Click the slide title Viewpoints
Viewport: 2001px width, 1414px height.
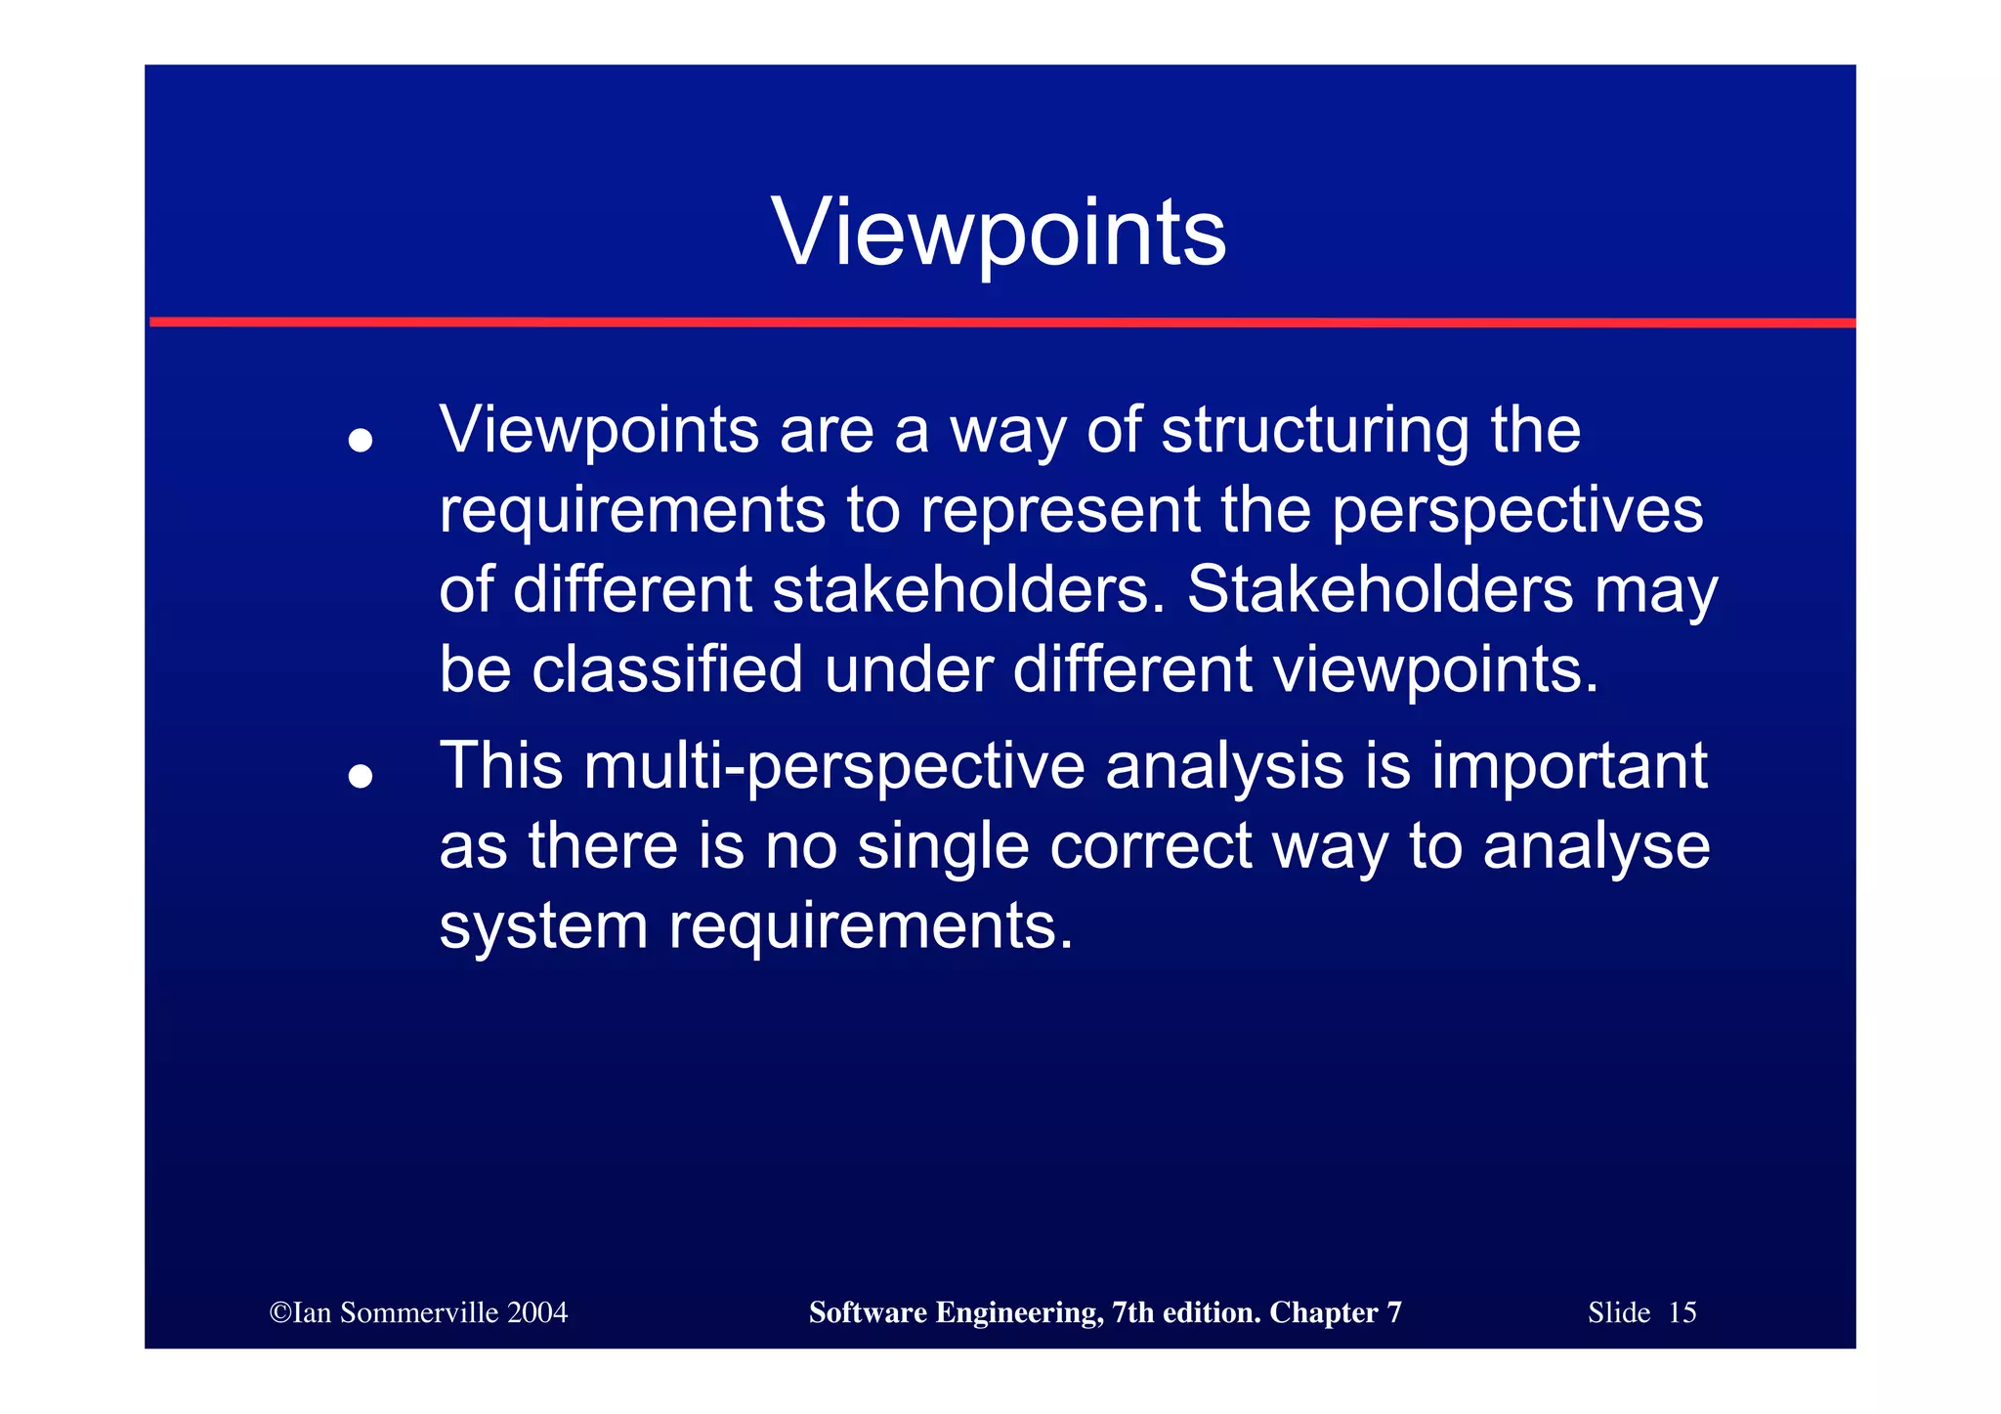tap(999, 233)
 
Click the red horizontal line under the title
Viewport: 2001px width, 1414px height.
tap(1001, 321)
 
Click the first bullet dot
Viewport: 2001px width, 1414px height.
tap(361, 441)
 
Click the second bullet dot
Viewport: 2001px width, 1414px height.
tap(361, 777)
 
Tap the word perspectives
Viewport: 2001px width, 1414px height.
tap(1516, 512)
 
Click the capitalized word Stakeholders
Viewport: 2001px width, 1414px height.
tap(1380, 591)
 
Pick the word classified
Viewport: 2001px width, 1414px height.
tap(667, 670)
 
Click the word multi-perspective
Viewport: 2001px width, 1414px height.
tap(833, 767)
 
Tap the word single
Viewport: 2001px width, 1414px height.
tap(943, 847)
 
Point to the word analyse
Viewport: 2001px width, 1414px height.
tap(1597, 847)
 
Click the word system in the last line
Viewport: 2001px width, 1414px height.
tap(543, 927)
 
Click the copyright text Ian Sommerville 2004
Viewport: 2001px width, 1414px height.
tap(418, 1312)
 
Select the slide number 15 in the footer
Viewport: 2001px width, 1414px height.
tap(1682, 1312)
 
